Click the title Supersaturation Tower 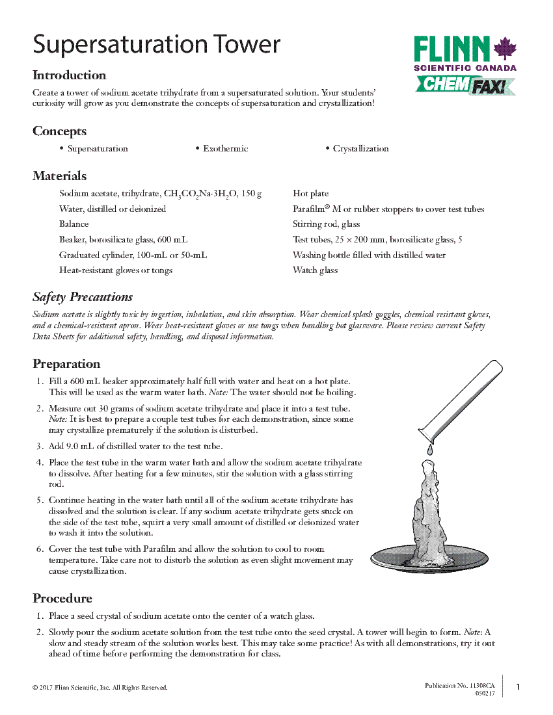(x=156, y=44)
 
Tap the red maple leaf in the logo (x=505, y=49)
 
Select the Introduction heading (x=69, y=75)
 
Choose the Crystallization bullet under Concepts (x=360, y=149)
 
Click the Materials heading (x=59, y=176)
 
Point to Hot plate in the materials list (x=310, y=194)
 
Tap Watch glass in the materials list (x=315, y=270)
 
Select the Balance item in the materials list (x=74, y=224)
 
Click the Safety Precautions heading (x=83, y=297)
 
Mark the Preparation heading (x=66, y=364)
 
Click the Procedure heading (x=62, y=599)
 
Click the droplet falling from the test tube (x=429, y=450)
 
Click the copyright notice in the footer (x=100, y=688)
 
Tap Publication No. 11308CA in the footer (x=459, y=686)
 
